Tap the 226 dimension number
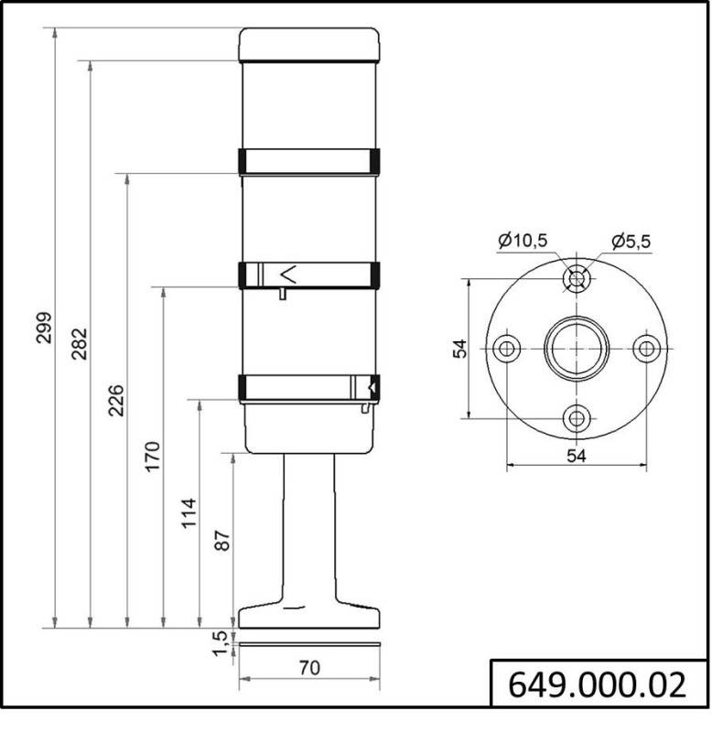click(x=115, y=401)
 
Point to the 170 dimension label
click(x=152, y=457)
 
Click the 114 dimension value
click(x=188, y=513)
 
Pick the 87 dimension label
click(x=222, y=541)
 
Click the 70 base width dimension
click(x=309, y=668)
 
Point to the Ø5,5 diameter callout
click(x=631, y=242)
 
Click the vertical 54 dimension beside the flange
click(x=460, y=348)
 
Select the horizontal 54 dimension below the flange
click(x=576, y=455)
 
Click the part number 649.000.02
click(x=597, y=684)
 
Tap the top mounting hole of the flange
click(x=576, y=278)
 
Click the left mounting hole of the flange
click(x=506, y=349)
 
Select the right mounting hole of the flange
click(x=646, y=349)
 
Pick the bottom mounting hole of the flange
click(x=576, y=418)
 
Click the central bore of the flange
click(x=576, y=349)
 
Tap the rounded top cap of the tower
click(x=309, y=44)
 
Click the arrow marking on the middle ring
click(x=288, y=274)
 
